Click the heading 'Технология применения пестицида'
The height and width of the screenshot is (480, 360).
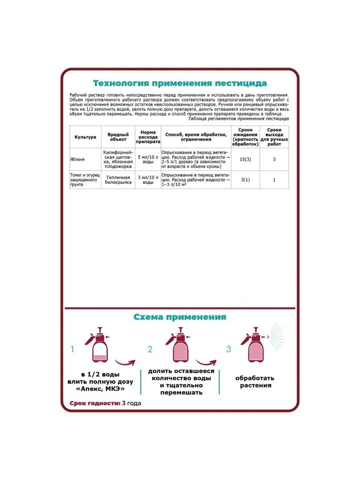[x=180, y=83]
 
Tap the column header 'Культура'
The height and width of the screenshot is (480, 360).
[x=85, y=137]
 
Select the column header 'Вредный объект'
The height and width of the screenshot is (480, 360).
[x=118, y=137]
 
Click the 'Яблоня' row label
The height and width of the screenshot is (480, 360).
[x=78, y=159]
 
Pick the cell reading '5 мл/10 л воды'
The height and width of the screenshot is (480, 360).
[x=148, y=159]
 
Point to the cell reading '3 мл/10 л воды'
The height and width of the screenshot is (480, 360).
[x=148, y=180]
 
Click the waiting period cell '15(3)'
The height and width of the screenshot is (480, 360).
[x=245, y=159]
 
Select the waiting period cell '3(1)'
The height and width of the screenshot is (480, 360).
[x=245, y=180]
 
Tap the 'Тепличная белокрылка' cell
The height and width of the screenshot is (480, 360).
[x=118, y=180]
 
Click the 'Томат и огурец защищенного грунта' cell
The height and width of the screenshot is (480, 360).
[x=85, y=180]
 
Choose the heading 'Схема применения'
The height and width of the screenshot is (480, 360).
[x=180, y=317]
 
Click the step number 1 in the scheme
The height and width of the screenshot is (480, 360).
[x=72, y=349]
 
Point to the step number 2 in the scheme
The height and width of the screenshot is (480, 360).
[x=150, y=349]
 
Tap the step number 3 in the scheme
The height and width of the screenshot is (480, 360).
[x=229, y=349]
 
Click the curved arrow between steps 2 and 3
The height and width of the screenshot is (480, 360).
[x=206, y=363]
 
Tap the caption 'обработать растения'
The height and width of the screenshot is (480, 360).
[x=255, y=382]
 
